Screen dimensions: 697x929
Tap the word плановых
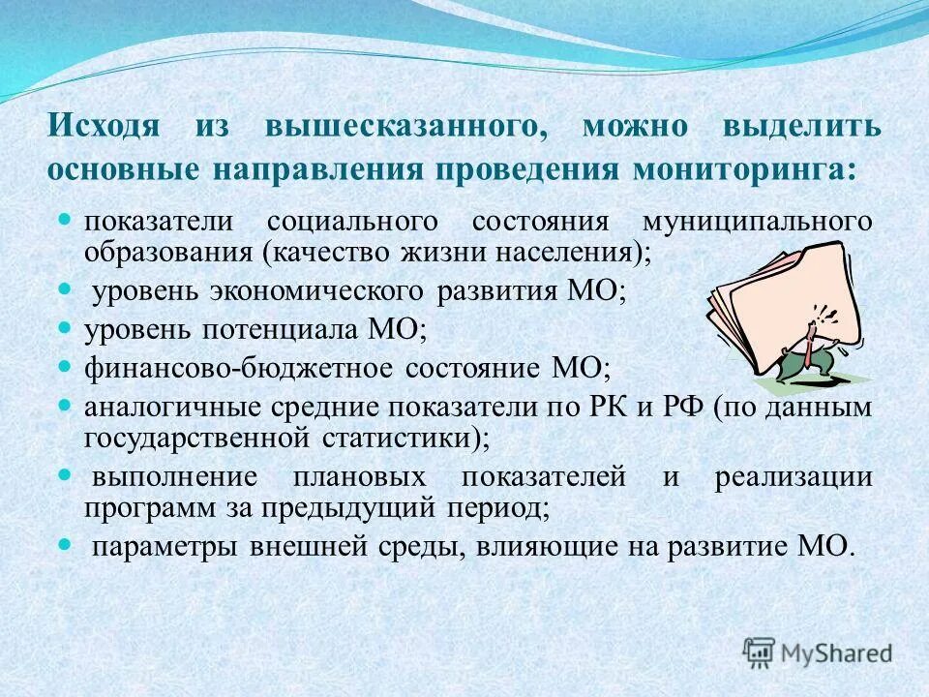360,477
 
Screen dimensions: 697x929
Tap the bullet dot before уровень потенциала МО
66,328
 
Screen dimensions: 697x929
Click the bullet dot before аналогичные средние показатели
66,406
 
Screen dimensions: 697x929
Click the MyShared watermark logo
818,652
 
